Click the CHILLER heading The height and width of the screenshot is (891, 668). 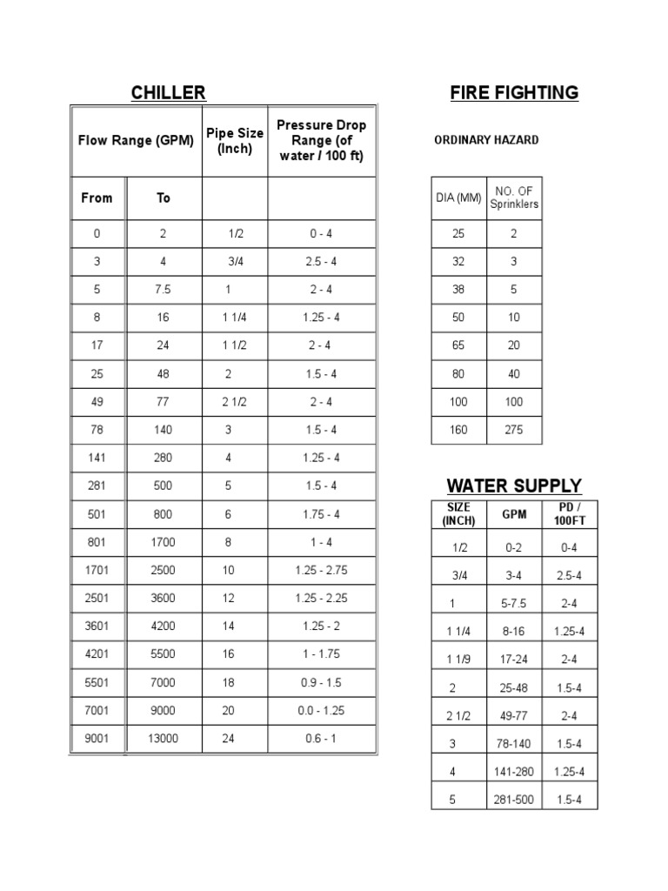click(x=168, y=93)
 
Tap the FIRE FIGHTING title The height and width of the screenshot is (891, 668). click(x=514, y=93)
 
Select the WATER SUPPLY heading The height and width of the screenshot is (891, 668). click(x=514, y=486)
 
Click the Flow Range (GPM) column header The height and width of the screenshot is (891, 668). click(x=136, y=140)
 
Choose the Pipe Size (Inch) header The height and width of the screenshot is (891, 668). click(x=234, y=140)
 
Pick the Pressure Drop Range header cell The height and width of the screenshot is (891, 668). click(x=321, y=140)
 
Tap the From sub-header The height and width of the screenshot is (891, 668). click(x=97, y=198)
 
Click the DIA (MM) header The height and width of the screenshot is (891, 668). click(x=458, y=198)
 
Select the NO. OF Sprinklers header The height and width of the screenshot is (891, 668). click(x=514, y=198)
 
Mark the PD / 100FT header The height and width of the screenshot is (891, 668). click(x=570, y=513)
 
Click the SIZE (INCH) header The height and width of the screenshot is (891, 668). click(x=458, y=513)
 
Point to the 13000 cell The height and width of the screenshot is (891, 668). click(x=164, y=739)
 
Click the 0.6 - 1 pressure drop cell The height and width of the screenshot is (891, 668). click(x=321, y=739)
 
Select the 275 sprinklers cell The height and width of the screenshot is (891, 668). click(x=514, y=430)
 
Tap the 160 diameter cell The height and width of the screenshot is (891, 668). click(x=458, y=430)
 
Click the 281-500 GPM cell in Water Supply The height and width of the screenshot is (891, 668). click(x=514, y=800)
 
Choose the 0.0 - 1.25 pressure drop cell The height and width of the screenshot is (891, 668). click(x=321, y=711)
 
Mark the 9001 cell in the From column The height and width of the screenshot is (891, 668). click(x=97, y=739)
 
